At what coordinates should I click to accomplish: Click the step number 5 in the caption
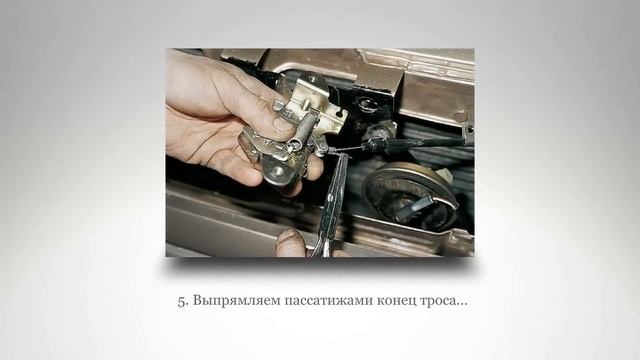[x=182, y=301]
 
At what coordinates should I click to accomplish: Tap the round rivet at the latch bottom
[x=278, y=171]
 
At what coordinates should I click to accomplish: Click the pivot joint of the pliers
[x=331, y=213]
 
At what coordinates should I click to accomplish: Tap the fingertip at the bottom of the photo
[x=290, y=242]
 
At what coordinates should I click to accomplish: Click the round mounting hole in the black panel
[x=365, y=103]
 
